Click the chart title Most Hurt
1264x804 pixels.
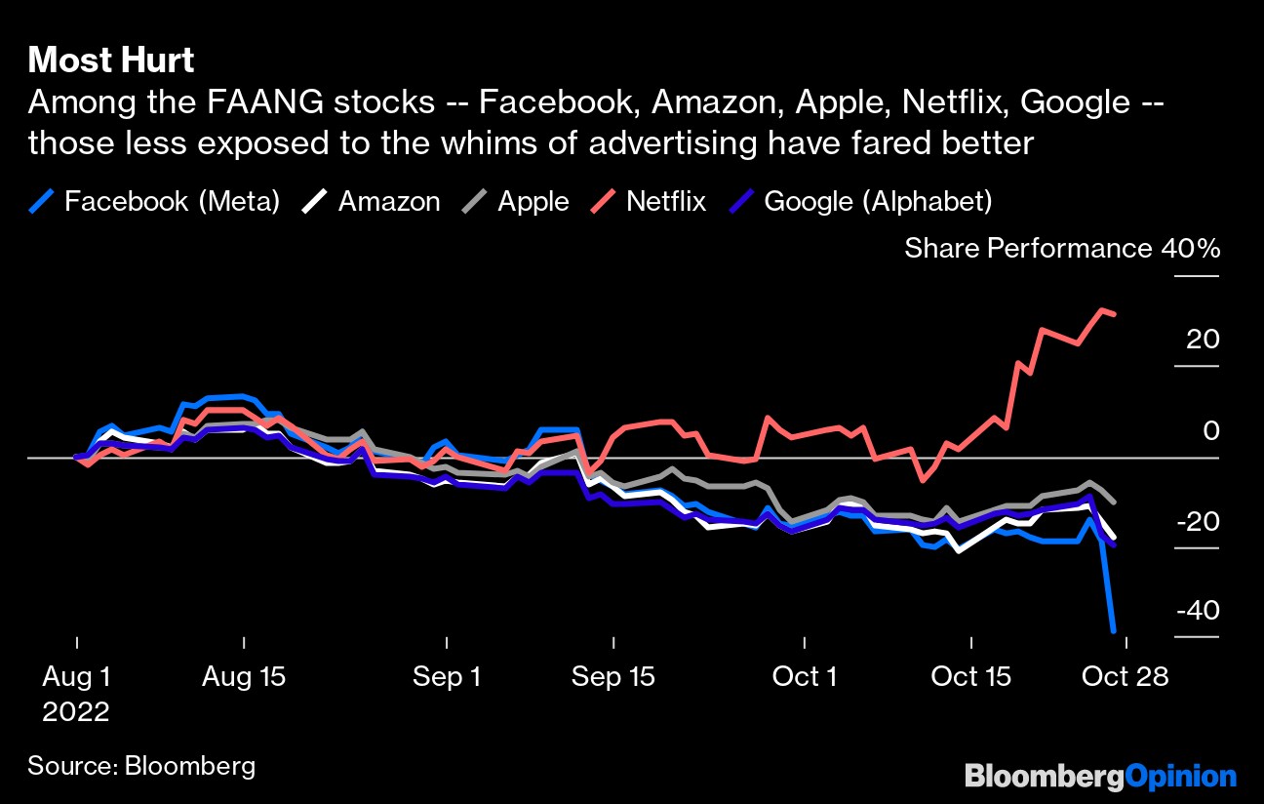111,60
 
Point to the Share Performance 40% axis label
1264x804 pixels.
1061,248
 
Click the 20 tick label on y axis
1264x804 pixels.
1203,340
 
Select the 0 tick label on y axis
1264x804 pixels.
1210,430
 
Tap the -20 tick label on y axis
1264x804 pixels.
1199,521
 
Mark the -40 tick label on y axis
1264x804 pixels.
1199,611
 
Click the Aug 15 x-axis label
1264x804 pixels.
244,676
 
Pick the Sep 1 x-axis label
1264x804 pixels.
447,676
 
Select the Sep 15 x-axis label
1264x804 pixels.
613,676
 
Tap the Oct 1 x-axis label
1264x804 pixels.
804,676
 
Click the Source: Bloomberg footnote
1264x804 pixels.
141,765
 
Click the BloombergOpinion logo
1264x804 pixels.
1100,777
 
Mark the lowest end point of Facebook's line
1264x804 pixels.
1113,631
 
